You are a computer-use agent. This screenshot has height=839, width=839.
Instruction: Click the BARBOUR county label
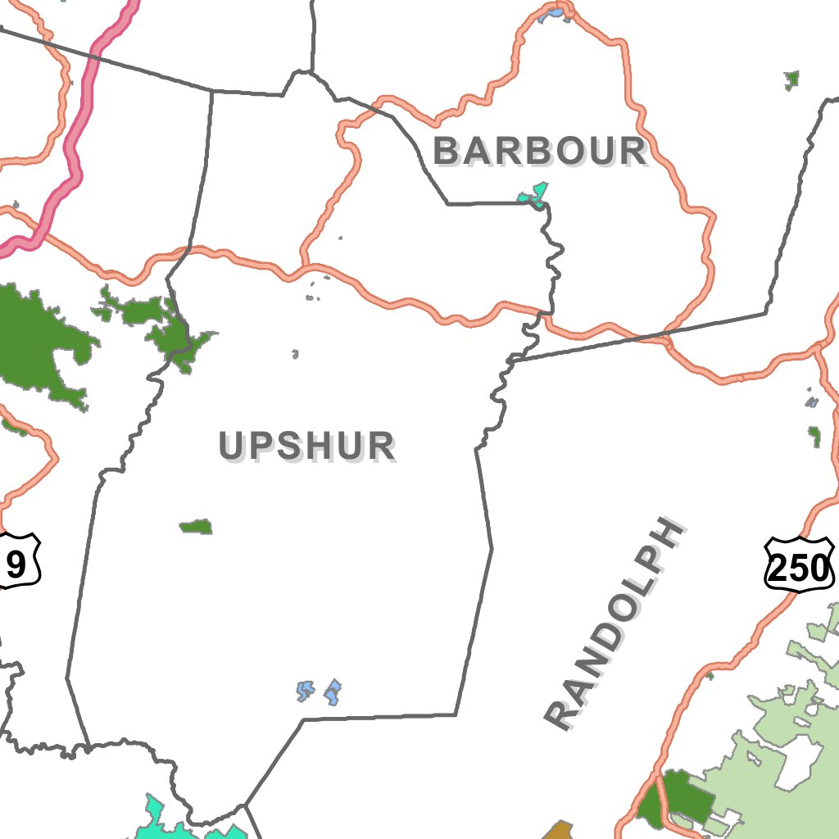[x=540, y=152]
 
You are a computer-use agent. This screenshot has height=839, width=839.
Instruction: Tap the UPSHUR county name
[x=306, y=447]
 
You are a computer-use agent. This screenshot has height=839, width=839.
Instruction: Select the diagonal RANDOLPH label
[x=615, y=623]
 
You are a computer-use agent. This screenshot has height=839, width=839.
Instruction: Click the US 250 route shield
[x=799, y=565]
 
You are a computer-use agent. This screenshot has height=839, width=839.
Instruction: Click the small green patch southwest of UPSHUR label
[x=197, y=526]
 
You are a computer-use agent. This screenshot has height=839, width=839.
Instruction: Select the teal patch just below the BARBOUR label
[x=533, y=195]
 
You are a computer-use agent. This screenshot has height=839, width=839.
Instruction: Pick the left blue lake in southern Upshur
[x=305, y=691]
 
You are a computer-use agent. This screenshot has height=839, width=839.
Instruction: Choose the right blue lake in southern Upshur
[x=333, y=692]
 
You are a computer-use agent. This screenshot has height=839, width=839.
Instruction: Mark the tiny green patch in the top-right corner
[x=791, y=79]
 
